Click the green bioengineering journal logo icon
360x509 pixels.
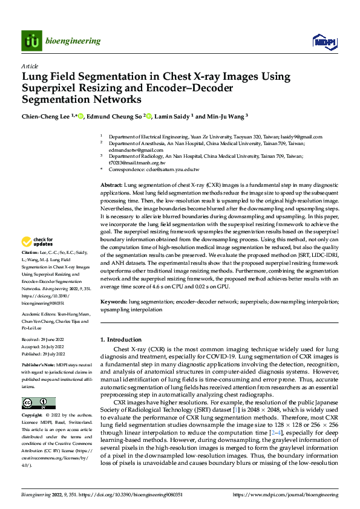31,41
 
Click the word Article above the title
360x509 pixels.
30,66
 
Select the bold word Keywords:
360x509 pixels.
113,300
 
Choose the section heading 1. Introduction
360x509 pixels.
123,340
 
